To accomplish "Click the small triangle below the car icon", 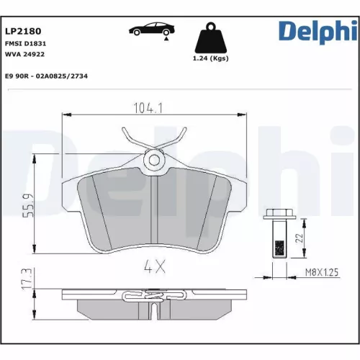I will pyautogui.click(x=166, y=42).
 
